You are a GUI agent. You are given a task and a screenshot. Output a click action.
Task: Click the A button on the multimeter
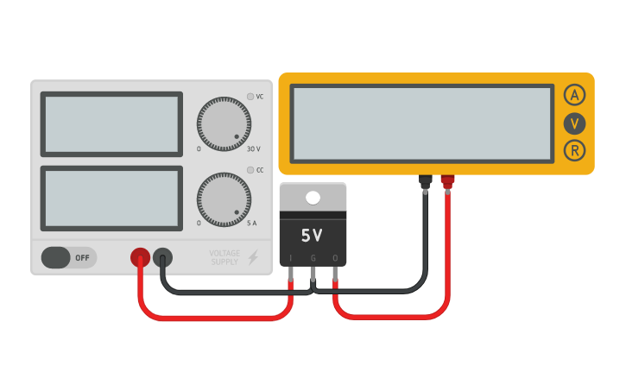coord(575,95)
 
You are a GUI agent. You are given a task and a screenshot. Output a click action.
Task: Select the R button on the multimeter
coord(575,151)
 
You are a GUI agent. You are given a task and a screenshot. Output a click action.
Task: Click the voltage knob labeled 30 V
coord(224,123)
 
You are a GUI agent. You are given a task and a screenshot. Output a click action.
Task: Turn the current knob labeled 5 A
coord(224,199)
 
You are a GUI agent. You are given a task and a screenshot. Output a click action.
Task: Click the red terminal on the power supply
coord(140,257)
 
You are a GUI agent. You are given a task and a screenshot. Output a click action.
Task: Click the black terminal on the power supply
coord(162,257)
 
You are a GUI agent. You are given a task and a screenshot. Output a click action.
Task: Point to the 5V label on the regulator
coord(312,235)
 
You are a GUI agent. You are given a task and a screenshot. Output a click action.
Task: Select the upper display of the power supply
coord(111,123)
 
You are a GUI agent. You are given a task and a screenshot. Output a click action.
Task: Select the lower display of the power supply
coord(111,199)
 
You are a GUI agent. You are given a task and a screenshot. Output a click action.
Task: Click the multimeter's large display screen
coord(422,123)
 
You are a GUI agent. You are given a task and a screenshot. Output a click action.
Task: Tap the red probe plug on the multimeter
coord(447,181)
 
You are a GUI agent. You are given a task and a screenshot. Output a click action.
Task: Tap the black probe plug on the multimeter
coord(425,181)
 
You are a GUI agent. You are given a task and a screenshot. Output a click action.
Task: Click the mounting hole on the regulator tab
coord(313,198)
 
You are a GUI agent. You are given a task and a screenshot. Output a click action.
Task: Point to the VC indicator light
coord(250,97)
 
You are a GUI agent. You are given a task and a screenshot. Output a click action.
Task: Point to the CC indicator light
coord(250,170)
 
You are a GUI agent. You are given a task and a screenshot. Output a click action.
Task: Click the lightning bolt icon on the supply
coord(253,257)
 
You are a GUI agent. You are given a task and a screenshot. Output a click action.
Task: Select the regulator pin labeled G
coord(313,274)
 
